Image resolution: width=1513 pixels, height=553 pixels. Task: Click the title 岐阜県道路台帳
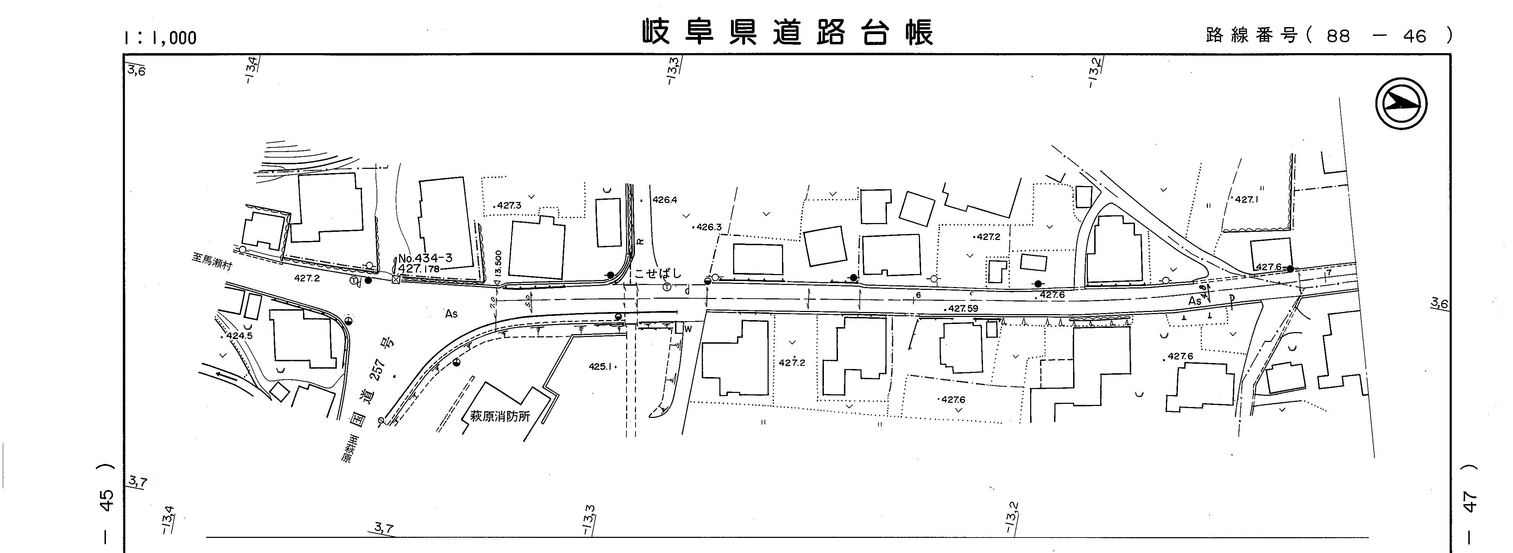[787, 32]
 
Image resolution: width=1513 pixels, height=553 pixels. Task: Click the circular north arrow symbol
[1401, 104]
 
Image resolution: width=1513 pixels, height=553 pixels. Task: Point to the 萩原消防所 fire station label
[500, 417]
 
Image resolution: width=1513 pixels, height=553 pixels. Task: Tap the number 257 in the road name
[379, 369]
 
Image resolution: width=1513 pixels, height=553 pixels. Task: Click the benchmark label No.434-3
[425, 258]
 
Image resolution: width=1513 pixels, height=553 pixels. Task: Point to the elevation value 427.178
[418, 269]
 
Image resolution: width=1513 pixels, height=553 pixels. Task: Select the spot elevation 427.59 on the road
[963, 308]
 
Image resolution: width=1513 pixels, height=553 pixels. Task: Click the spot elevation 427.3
[508, 205]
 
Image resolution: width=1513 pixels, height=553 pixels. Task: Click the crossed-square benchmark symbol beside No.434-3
[395, 280]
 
